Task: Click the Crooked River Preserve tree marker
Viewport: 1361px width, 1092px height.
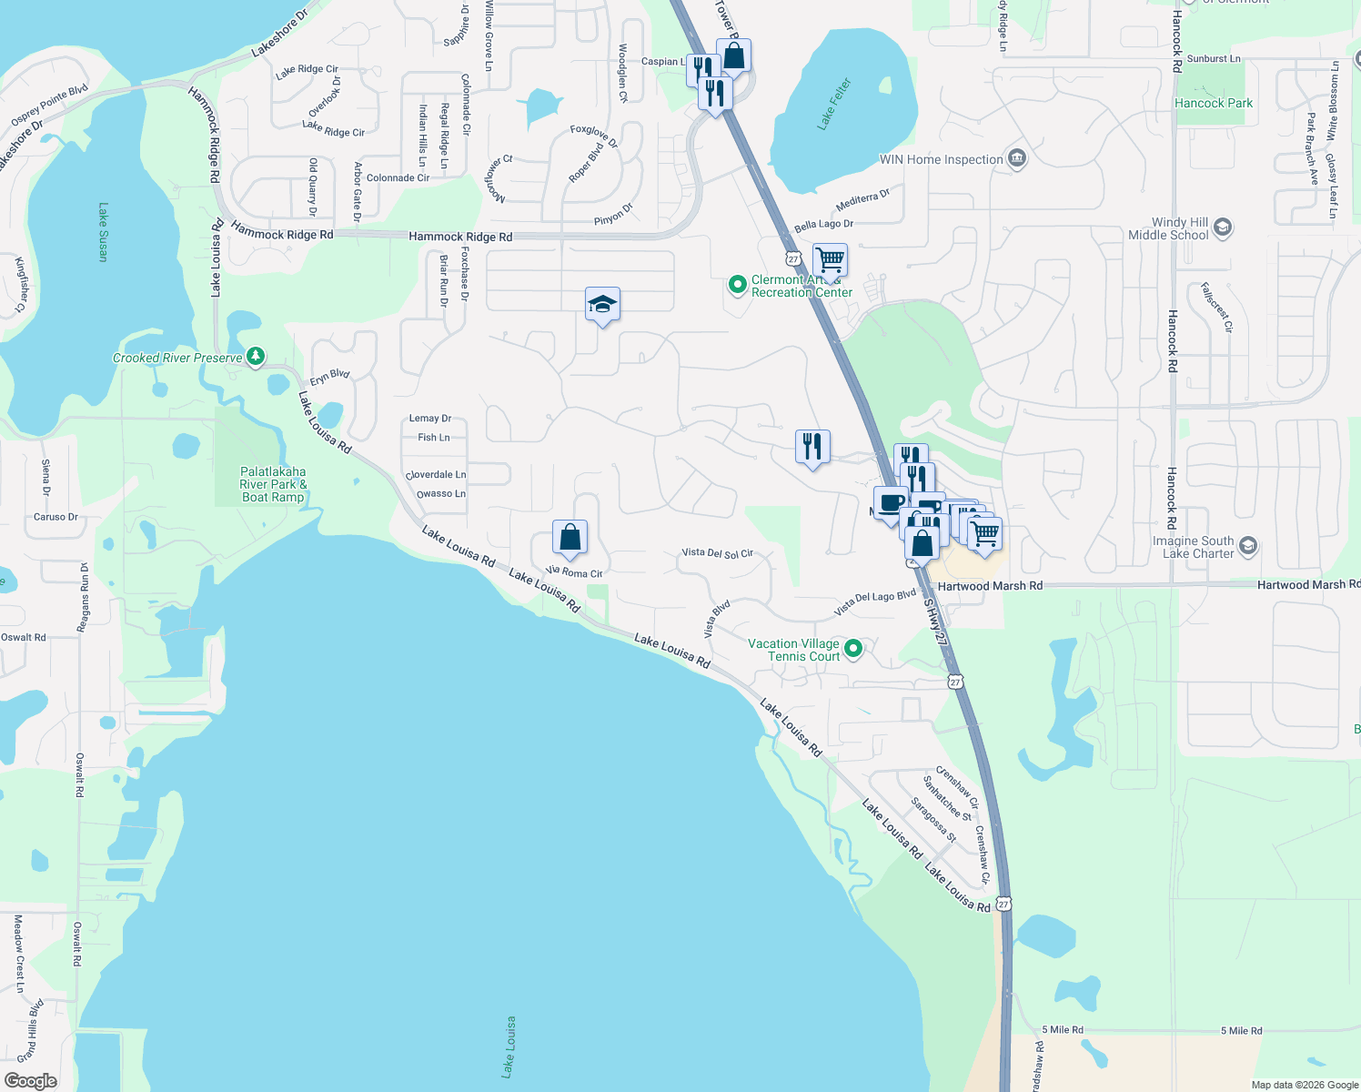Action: coord(256,357)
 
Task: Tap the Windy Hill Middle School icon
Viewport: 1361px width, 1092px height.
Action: coord(1223,227)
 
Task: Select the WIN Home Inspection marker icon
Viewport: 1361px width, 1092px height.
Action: coord(1017,159)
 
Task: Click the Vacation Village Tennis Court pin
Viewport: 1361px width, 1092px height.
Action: coord(853,649)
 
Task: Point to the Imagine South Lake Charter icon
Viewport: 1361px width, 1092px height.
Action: coord(1248,546)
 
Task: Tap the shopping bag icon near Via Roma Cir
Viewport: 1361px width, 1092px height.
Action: coord(570,538)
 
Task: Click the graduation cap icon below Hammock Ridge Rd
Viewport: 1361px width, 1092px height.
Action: coord(602,304)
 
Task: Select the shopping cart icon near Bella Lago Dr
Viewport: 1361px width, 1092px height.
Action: coord(830,259)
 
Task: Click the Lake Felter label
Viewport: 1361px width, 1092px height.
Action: coord(834,104)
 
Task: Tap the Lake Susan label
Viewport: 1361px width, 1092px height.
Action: coord(103,232)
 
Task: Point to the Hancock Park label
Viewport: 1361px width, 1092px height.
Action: coord(1214,103)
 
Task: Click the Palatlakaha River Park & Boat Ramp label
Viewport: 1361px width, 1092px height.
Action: coord(273,484)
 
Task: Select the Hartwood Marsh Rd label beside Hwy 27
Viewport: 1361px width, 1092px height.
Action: coord(990,586)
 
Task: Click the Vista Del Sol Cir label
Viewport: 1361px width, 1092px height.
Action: coord(718,552)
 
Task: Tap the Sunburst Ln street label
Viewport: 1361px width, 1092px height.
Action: coord(1214,58)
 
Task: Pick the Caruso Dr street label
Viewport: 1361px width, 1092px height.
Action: coord(55,517)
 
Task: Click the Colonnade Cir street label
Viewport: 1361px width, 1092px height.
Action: coord(398,178)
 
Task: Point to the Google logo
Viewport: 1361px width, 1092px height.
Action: coord(30,1081)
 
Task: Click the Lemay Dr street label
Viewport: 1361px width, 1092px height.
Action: coord(430,419)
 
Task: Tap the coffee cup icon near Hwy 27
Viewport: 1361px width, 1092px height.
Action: coord(892,502)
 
